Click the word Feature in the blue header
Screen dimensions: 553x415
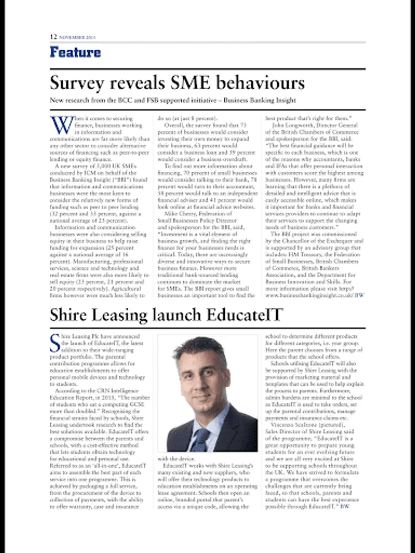click(x=75, y=52)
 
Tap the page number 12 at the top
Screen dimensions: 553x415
click(x=53, y=36)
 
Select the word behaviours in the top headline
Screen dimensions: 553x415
click(x=257, y=83)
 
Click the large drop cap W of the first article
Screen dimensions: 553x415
click(x=61, y=124)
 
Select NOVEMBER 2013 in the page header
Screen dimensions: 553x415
click(x=78, y=37)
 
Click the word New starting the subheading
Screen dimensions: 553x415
click(x=57, y=100)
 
